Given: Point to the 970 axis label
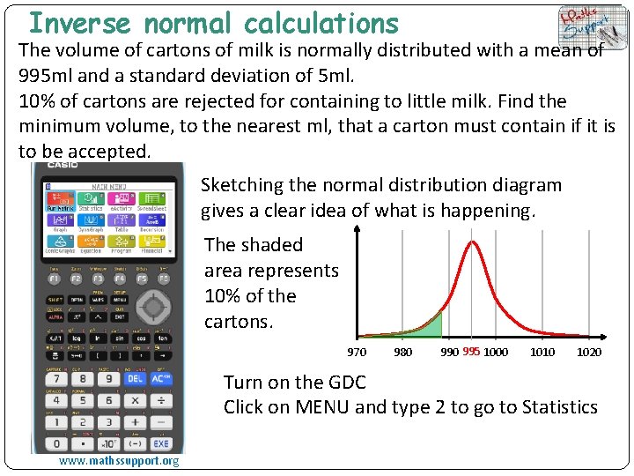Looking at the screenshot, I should click(x=357, y=353).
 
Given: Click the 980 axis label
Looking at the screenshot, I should click(x=402, y=353).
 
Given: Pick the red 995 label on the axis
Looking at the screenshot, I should click(x=471, y=352).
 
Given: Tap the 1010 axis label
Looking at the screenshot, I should click(x=542, y=353).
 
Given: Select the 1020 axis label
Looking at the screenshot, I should click(x=589, y=353).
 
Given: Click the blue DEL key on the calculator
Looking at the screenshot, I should click(x=135, y=379).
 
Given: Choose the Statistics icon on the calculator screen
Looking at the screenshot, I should click(x=91, y=202).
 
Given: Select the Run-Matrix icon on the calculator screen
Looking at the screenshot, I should click(x=60, y=202).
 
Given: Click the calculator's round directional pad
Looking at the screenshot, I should click(x=154, y=307).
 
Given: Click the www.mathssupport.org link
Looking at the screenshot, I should click(x=119, y=461).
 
